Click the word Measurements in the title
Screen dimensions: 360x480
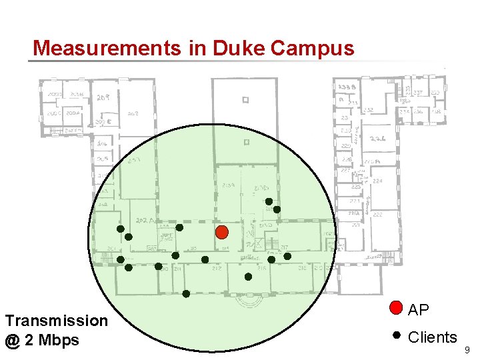[106, 48]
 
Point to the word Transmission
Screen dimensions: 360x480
[56, 321]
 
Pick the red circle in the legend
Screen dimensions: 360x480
[396, 308]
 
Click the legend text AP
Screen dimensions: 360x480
[418, 310]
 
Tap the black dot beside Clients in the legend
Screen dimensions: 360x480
[396, 335]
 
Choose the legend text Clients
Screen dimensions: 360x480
[432, 337]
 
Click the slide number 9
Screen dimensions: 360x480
[467, 349]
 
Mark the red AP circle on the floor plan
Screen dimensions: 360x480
[223, 232]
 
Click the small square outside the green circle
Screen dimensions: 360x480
[245, 101]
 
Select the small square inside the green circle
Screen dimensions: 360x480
[247, 142]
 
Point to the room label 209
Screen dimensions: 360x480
[103, 98]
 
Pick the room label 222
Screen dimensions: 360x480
[377, 215]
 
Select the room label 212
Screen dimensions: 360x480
[217, 269]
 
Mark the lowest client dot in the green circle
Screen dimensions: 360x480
[186, 293]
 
